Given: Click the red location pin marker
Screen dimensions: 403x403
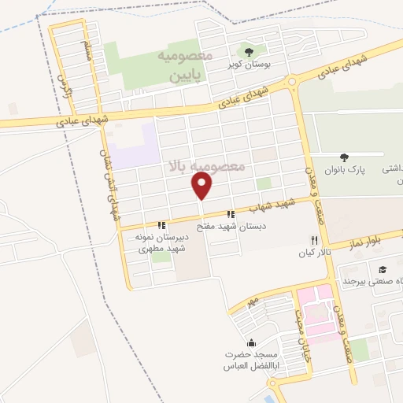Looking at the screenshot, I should (203, 186).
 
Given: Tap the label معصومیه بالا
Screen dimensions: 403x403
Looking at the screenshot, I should (206, 166).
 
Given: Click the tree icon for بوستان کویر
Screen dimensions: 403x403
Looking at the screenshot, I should (249, 51).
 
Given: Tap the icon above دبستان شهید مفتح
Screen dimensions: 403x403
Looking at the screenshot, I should (231, 213).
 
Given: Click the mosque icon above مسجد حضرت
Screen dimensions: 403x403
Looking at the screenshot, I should (251, 342).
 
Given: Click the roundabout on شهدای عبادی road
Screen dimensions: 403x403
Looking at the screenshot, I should (293, 81).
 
